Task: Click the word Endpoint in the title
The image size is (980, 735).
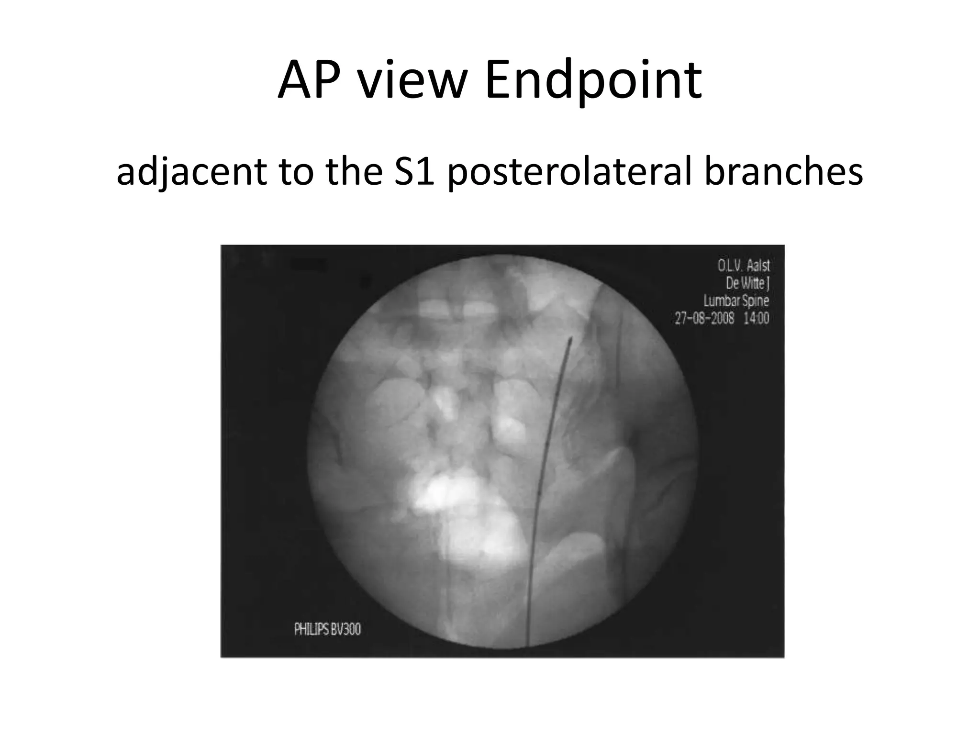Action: pyautogui.click(x=593, y=81)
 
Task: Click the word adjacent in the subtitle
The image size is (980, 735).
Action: pyautogui.click(x=191, y=172)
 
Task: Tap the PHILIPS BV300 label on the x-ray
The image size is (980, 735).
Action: pyautogui.click(x=327, y=629)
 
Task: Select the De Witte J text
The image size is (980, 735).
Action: pyautogui.click(x=747, y=283)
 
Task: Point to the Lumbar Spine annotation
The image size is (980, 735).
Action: pyautogui.click(x=736, y=301)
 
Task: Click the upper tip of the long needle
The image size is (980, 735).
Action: pyautogui.click(x=570, y=340)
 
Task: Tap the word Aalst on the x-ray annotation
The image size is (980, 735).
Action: pyautogui.click(x=758, y=265)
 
